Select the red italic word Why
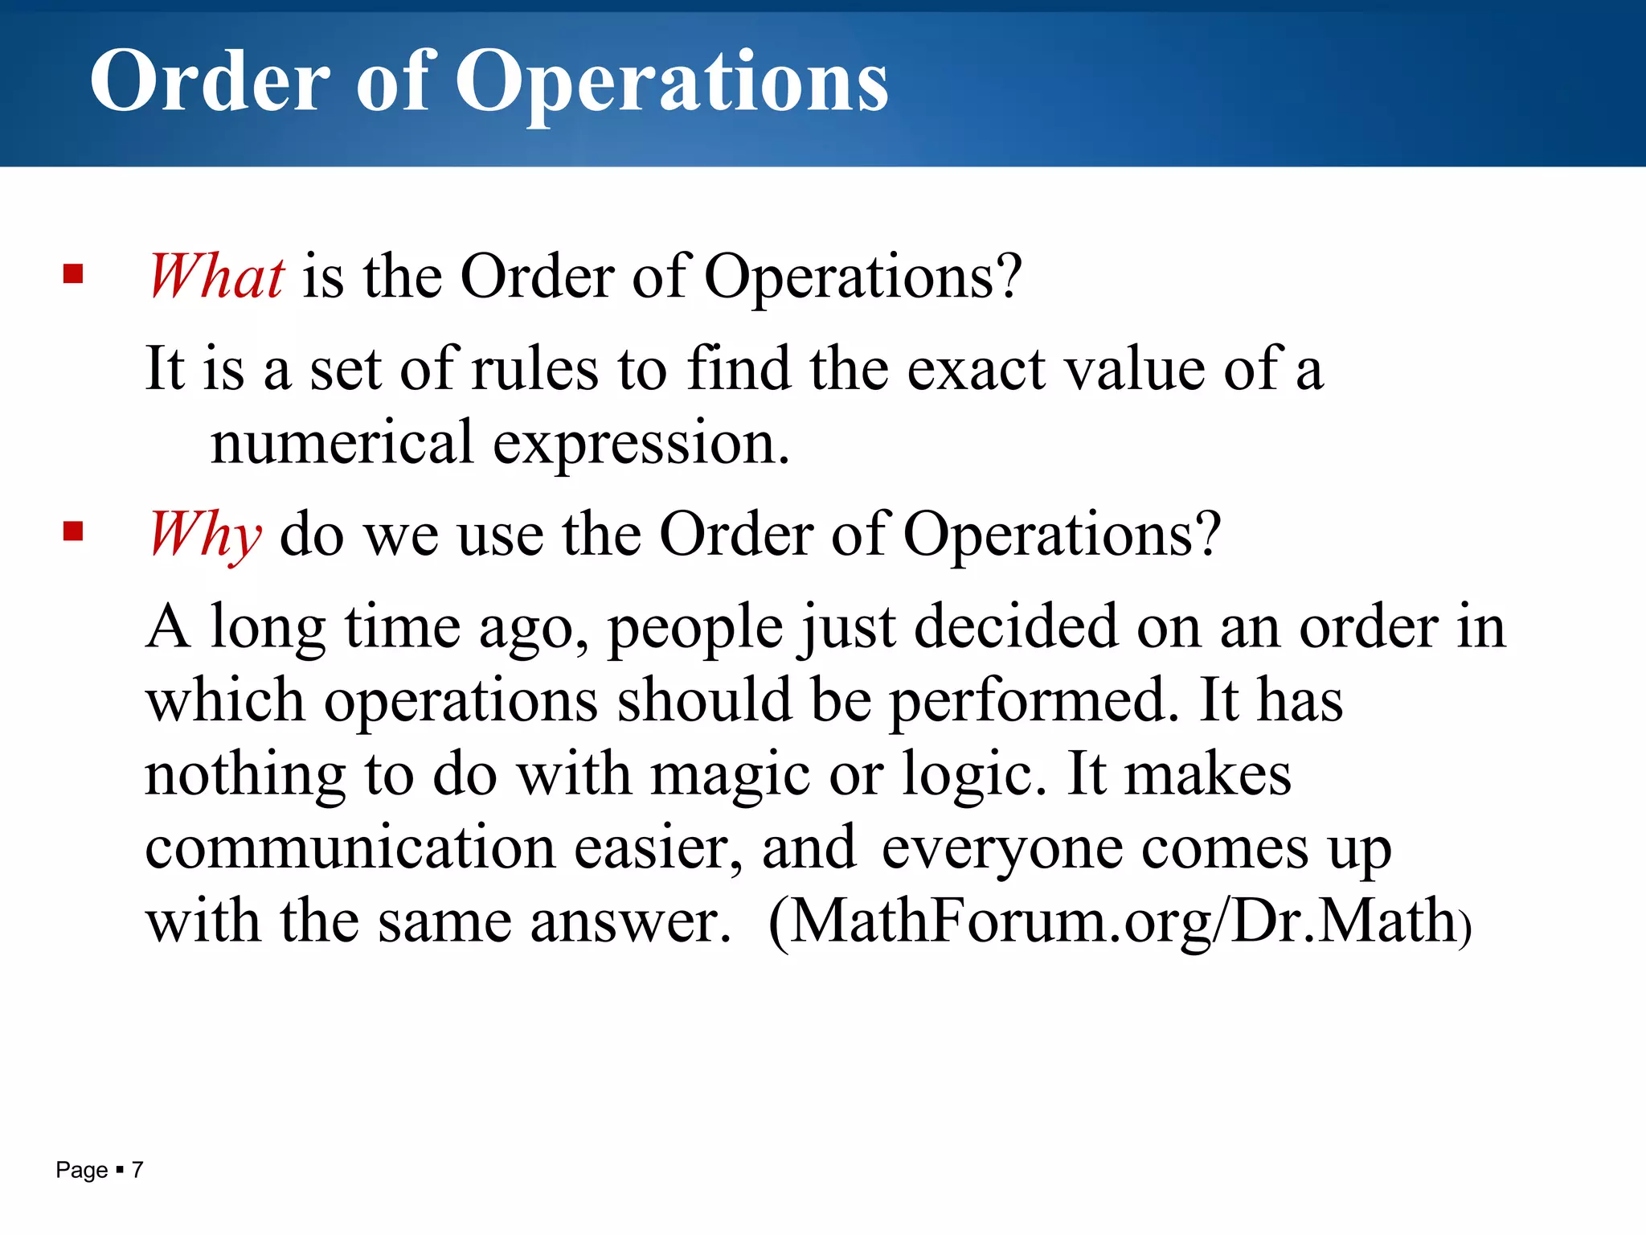point(206,535)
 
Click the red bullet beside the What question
point(73,275)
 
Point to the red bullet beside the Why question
point(73,531)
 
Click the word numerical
point(342,443)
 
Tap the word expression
point(641,445)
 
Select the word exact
point(977,370)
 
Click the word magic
point(730,775)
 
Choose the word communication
point(350,847)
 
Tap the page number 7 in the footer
point(137,1170)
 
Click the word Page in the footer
point(81,1170)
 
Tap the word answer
point(630,921)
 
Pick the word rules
point(535,370)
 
